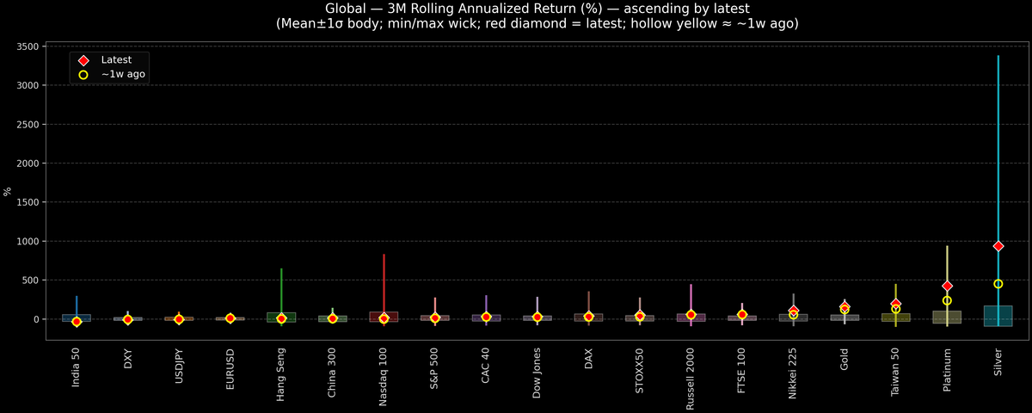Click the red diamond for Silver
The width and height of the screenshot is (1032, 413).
tap(998, 246)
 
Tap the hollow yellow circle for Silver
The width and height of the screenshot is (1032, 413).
tap(998, 284)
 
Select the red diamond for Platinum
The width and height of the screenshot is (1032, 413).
tap(947, 286)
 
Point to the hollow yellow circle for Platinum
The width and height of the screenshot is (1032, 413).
tap(947, 300)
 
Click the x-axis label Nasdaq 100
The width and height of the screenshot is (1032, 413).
tap(384, 378)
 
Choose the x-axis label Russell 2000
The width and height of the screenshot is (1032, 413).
tap(691, 378)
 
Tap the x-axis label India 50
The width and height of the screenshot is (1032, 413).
tap(77, 368)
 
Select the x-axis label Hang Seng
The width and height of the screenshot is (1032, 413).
tap(281, 372)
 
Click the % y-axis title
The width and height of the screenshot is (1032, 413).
tap(9, 191)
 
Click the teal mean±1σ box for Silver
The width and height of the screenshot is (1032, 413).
tap(998, 316)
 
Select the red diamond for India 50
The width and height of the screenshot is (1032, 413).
tap(77, 322)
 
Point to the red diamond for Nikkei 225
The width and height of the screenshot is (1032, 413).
tap(793, 311)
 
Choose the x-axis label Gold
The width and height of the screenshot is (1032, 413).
tap(845, 360)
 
